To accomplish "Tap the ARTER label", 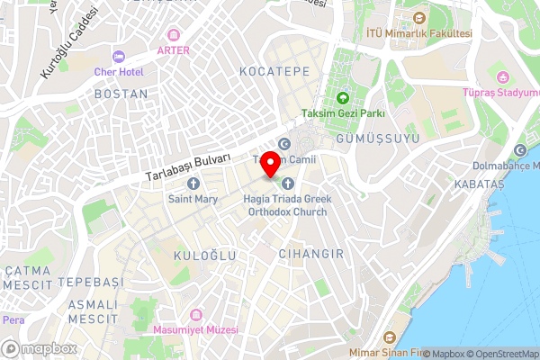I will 173,50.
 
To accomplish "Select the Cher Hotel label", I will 118,70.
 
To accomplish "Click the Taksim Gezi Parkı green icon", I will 342,98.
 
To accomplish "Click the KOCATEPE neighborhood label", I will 274,70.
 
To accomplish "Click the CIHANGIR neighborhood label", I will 311,254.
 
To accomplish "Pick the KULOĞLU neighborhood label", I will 204,256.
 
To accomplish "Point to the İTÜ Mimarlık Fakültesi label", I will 419,33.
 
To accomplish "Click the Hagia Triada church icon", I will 288,184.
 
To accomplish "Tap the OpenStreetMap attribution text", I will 500,354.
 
